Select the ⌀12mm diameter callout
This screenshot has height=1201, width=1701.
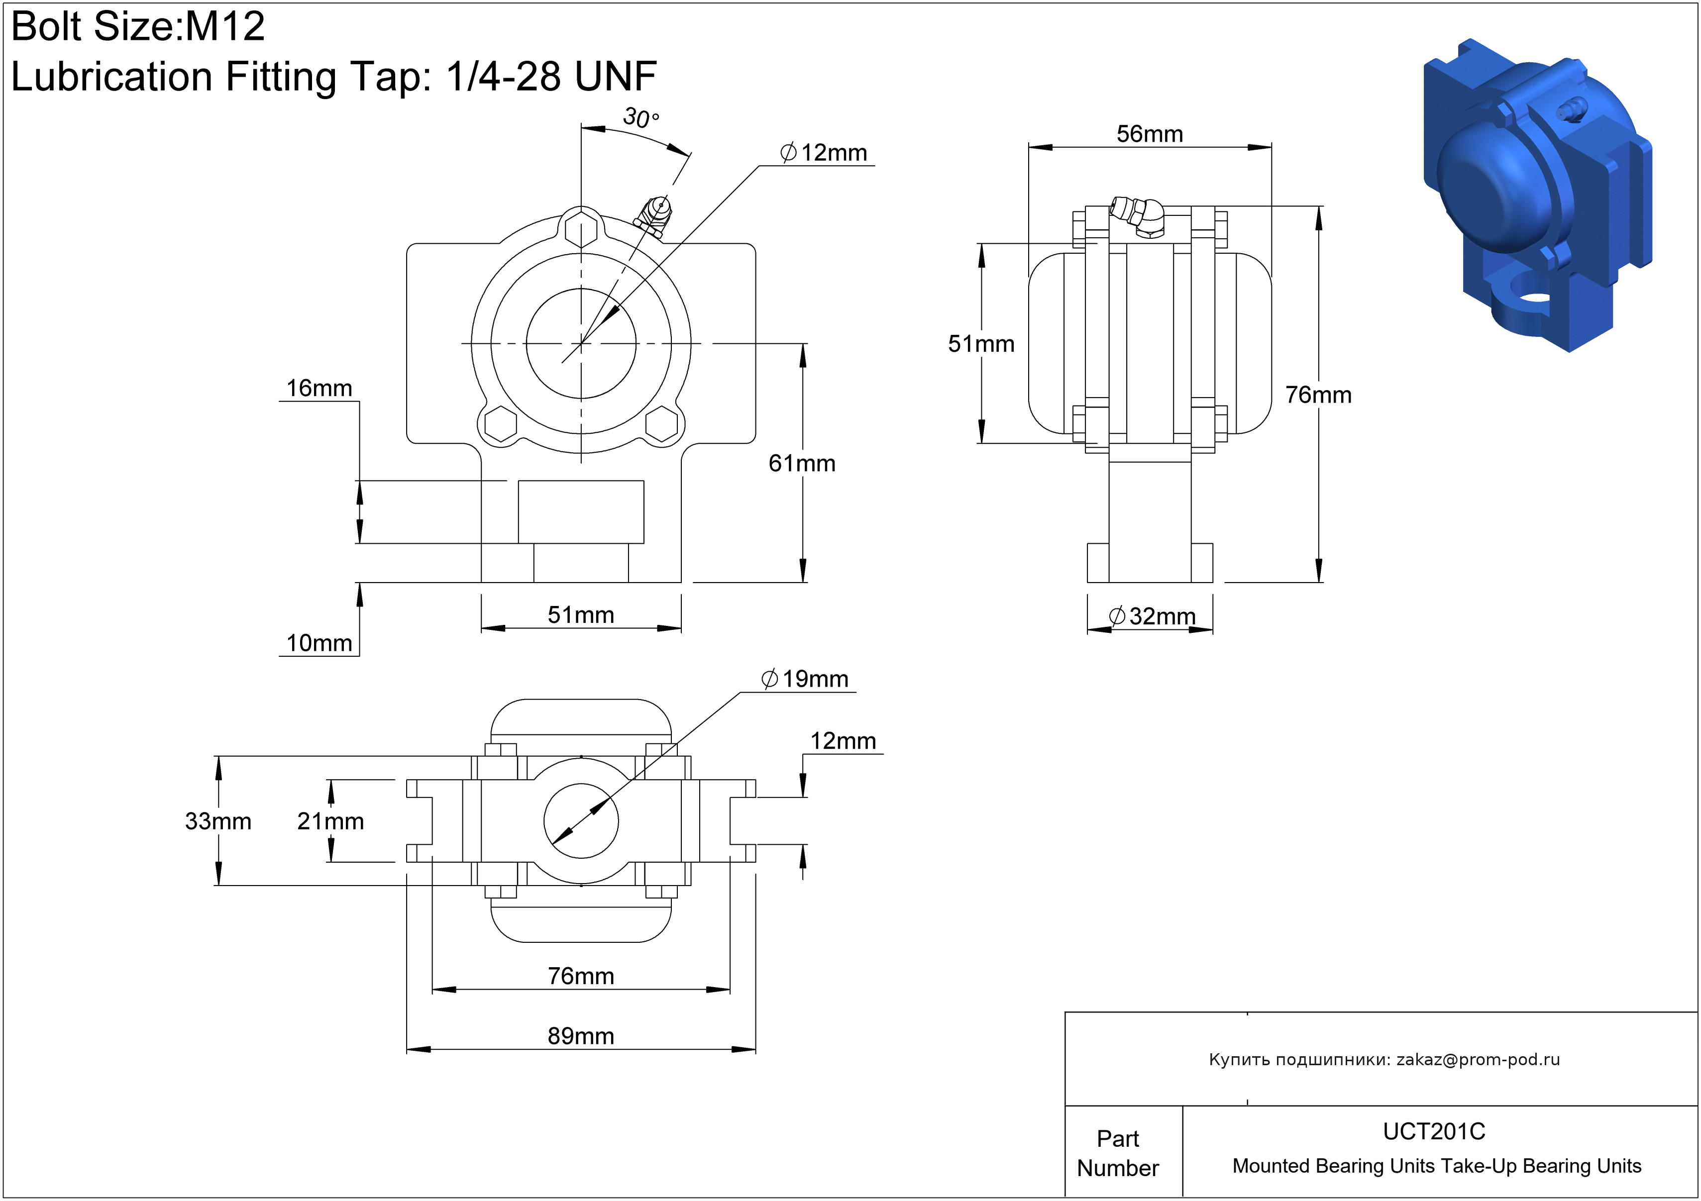coord(824,153)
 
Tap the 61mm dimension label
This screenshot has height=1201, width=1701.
coord(802,464)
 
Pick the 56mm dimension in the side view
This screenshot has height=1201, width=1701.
coord(1149,134)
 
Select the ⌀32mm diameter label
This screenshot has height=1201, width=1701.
coord(1152,616)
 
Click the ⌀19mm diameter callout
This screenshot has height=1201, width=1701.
coord(805,679)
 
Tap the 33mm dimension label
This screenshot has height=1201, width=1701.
coord(218,821)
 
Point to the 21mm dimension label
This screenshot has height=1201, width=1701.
coord(330,821)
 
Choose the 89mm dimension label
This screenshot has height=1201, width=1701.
coord(581,1036)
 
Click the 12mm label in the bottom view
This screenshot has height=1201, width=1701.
coord(843,741)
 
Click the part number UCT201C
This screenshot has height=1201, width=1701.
coord(1434,1131)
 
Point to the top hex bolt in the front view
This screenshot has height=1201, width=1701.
coord(581,228)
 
